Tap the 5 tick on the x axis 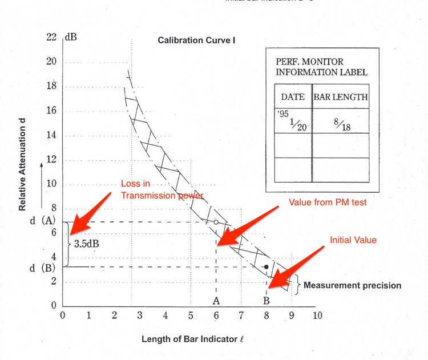tap(191, 315)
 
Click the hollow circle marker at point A tap(216, 222)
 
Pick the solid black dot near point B tap(266, 266)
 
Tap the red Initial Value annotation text tap(353, 240)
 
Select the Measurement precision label tap(353, 285)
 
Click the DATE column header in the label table tap(293, 96)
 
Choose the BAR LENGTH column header tap(340, 96)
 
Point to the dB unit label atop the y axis tap(71, 38)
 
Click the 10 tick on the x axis tap(318, 315)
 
